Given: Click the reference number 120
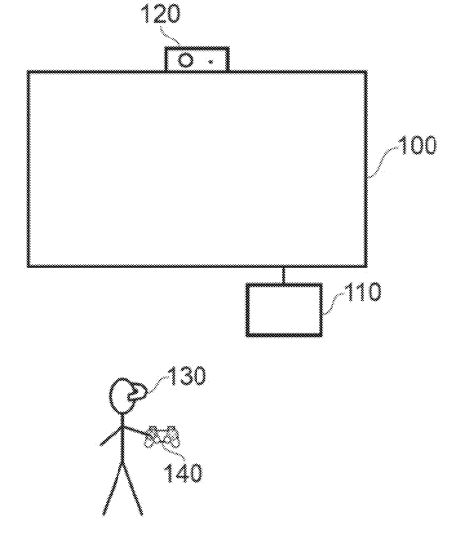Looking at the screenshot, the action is click(160, 14).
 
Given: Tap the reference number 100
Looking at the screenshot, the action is click(418, 145).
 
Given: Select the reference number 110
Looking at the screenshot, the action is click(362, 292).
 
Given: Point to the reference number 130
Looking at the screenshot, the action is click(187, 376).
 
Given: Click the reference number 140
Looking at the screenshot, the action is click(184, 472).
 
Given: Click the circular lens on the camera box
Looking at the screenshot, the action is click(186, 61).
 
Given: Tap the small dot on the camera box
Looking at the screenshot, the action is click(211, 62).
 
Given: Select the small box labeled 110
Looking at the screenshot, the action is click(284, 310).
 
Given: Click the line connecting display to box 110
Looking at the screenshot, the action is click(284, 275).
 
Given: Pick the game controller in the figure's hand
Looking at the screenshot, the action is click(163, 436).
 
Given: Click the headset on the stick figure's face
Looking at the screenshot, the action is click(137, 393).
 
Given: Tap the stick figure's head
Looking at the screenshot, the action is click(122, 396).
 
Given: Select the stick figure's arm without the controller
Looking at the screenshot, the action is click(111, 436).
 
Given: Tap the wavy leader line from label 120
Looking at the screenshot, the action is click(170, 35).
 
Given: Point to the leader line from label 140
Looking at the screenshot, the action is click(173, 450).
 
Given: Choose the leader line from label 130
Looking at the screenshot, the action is click(157, 386).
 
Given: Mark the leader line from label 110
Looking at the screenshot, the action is click(334, 303).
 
